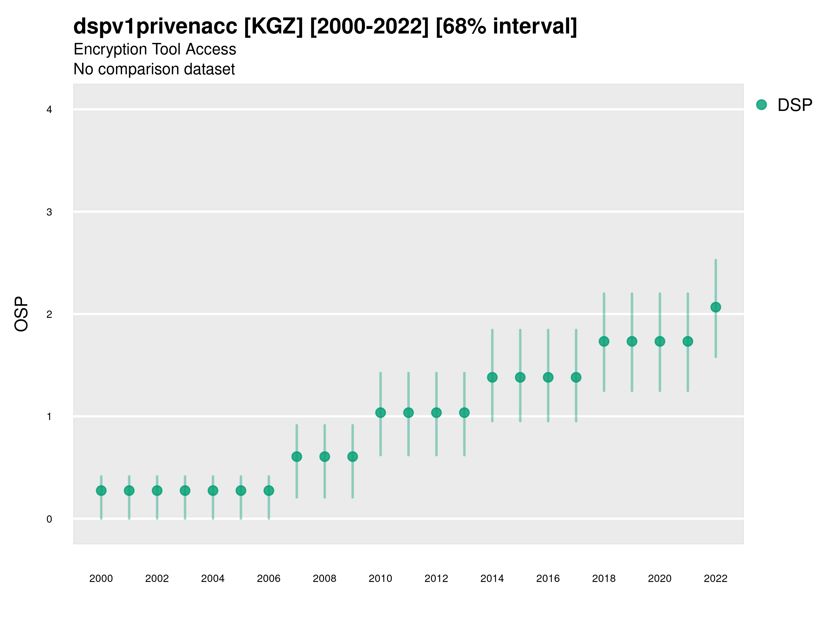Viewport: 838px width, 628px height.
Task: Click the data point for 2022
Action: [716, 307]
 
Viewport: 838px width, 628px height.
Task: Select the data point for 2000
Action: [101, 491]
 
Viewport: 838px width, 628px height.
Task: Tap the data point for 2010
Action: [380, 413]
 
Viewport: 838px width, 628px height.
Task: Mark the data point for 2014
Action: [492, 377]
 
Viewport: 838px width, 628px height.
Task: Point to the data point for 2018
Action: [604, 342]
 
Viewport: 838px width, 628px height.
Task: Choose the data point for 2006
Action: [269, 491]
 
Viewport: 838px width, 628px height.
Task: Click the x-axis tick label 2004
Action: [213, 578]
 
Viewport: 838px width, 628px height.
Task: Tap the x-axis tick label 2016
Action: [548, 578]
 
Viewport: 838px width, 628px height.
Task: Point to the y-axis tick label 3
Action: [49, 212]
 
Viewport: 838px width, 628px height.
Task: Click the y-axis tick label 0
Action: [49, 519]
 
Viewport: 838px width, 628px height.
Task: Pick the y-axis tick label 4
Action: [49, 110]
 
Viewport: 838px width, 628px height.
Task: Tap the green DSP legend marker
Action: [761, 105]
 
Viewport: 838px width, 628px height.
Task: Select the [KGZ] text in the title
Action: [273, 27]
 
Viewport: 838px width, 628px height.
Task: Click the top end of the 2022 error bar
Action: [716, 260]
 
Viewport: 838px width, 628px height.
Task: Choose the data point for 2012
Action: [436, 413]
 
